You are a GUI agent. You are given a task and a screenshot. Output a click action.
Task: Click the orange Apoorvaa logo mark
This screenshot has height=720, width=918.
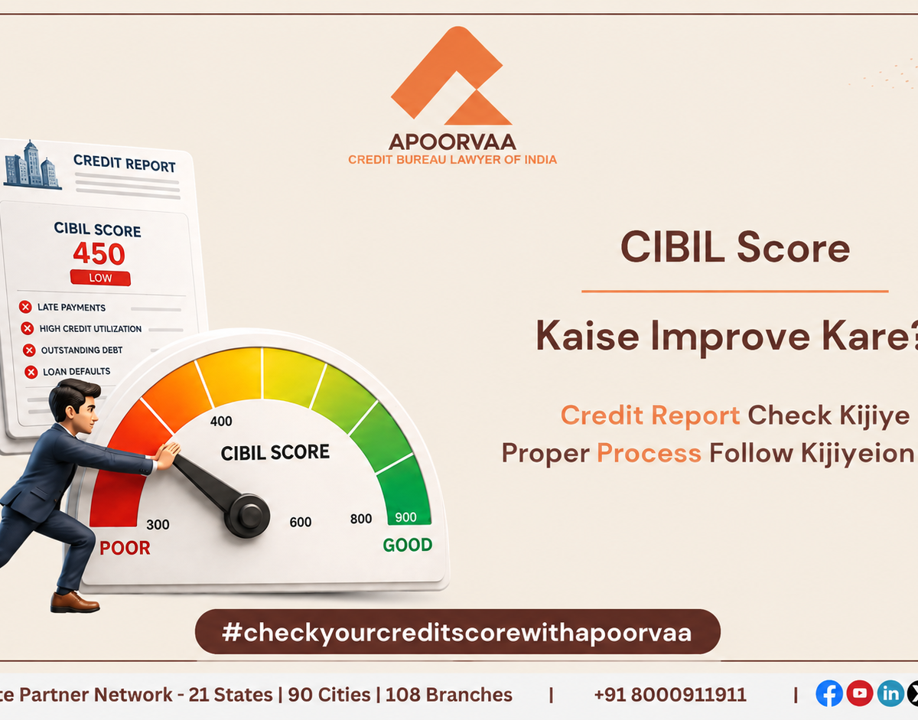pyautogui.click(x=451, y=76)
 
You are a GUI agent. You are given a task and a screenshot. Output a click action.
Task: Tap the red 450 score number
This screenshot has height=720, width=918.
pyautogui.click(x=99, y=253)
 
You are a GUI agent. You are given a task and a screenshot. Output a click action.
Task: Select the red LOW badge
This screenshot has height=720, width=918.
pyautogui.click(x=100, y=278)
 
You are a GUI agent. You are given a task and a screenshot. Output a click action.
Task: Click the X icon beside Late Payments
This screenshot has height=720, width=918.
pyautogui.click(x=25, y=307)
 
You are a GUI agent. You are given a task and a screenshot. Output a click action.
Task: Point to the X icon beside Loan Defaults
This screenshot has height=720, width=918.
pyautogui.click(x=31, y=372)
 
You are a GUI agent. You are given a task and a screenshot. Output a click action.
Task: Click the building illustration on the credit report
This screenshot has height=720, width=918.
pyautogui.click(x=31, y=165)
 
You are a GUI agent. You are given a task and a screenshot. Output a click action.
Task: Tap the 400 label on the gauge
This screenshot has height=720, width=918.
pyautogui.click(x=221, y=421)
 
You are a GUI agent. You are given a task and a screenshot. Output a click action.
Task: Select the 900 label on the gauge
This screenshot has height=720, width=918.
pyautogui.click(x=406, y=517)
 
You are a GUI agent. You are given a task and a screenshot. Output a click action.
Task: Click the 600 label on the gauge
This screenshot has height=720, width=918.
pyautogui.click(x=301, y=523)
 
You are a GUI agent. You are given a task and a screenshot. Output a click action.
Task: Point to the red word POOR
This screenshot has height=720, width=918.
pyautogui.click(x=125, y=548)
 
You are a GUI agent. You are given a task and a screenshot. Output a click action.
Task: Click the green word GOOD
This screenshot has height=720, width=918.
pyautogui.click(x=408, y=545)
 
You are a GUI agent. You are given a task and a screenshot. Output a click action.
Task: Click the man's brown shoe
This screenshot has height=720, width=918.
pyautogui.click(x=75, y=602)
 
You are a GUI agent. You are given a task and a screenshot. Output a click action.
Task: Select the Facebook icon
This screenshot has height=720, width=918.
pyautogui.click(x=828, y=693)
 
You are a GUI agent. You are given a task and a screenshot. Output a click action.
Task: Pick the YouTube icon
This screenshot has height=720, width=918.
pyautogui.click(x=860, y=693)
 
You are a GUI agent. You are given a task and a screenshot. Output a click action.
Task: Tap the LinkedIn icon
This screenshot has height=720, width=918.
pyautogui.click(x=890, y=693)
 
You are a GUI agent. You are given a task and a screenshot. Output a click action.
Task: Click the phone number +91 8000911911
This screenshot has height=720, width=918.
pyautogui.click(x=670, y=695)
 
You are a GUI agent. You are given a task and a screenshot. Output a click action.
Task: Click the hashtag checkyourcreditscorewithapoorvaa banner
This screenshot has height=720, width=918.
pyautogui.click(x=457, y=632)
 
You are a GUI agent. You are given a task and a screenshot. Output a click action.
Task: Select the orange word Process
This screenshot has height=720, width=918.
pyautogui.click(x=649, y=454)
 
